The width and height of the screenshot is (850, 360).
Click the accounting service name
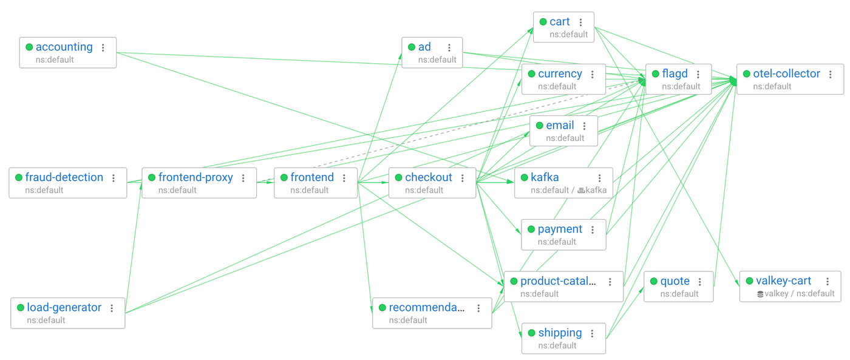coord(64,47)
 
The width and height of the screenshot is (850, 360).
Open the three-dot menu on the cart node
coord(581,22)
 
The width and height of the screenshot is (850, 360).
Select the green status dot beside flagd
coord(655,74)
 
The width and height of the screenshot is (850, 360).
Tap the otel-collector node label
coord(786,74)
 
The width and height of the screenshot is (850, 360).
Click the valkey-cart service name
coord(783,281)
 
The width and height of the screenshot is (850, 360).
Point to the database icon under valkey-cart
coord(760,294)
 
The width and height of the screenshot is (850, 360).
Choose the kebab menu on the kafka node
coord(600,178)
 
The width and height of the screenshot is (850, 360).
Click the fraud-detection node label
coord(64,178)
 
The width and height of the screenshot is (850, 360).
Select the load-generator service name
coord(64,308)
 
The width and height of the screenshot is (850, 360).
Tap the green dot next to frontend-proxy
coord(152,178)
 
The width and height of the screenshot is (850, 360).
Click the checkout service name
coord(428,178)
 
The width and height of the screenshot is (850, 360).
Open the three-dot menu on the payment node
coord(593,229)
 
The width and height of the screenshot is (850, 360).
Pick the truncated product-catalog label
coord(558,282)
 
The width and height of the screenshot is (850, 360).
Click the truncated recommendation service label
coord(426,308)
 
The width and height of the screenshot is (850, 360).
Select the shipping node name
coord(560,333)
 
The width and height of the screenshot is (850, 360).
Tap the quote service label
coord(675,282)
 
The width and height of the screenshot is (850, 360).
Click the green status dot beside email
coord(539,126)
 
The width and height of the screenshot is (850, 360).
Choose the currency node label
coord(560,74)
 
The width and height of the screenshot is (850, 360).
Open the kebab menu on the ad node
coord(449,47)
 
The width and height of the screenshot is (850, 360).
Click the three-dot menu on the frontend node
coord(344,178)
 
